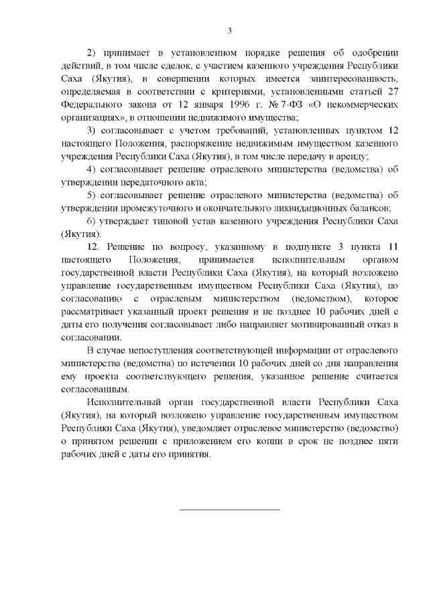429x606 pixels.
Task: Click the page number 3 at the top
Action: [229, 31]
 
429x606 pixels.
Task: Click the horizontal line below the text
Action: [229, 510]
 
